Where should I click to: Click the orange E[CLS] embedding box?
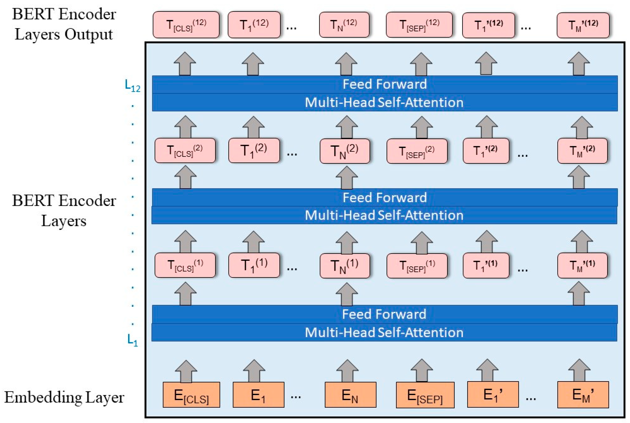pyautogui.click(x=191, y=395)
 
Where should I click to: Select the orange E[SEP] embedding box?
pyautogui.click(x=425, y=395)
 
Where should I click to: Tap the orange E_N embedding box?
pyautogui.click(x=350, y=395)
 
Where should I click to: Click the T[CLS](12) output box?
pyautogui.click(x=186, y=25)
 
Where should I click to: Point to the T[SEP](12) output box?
pyautogui.click(x=419, y=25)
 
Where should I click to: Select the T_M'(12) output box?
pyautogui.click(x=583, y=25)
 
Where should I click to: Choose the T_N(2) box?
pyautogui.click(x=344, y=151)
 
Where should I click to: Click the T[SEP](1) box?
pyautogui.click(x=417, y=265)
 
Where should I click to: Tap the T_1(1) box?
pyautogui.click(x=254, y=265)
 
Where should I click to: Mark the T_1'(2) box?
pyautogui.click(x=486, y=151)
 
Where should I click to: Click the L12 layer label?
pyautogui.click(x=132, y=86)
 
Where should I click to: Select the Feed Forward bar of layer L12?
pyautogui.click(x=385, y=84)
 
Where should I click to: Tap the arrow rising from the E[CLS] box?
pyautogui.click(x=186, y=371)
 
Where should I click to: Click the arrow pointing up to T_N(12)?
pyautogui.click(x=346, y=64)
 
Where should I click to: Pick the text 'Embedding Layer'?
pyautogui.click(x=64, y=397)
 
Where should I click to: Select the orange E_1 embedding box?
pyautogui.click(x=258, y=395)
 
